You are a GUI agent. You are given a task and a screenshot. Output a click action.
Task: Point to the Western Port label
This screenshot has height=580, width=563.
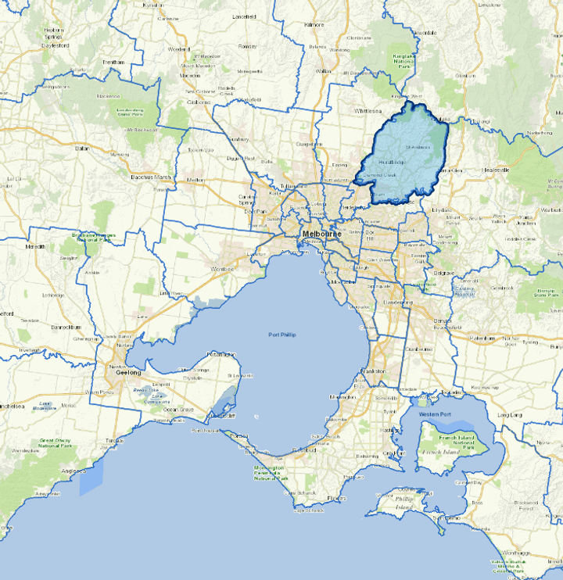(x=435, y=414)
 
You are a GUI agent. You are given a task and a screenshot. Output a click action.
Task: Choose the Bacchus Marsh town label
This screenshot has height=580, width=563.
(x=152, y=178)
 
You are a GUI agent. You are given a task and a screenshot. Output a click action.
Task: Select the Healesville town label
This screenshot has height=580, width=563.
(x=497, y=170)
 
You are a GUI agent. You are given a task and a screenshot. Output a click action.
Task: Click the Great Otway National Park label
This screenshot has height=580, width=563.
(x=56, y=446)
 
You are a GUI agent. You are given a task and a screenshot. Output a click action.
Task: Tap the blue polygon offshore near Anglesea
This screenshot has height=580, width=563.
(x=91, y=478)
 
